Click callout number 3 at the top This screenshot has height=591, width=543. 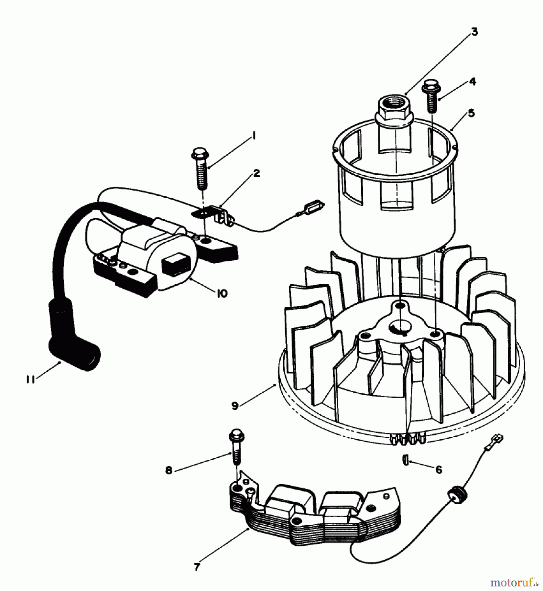474,32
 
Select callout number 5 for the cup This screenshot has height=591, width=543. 471,113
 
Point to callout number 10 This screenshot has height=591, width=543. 222,293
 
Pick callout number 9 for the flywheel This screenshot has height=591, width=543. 235,406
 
